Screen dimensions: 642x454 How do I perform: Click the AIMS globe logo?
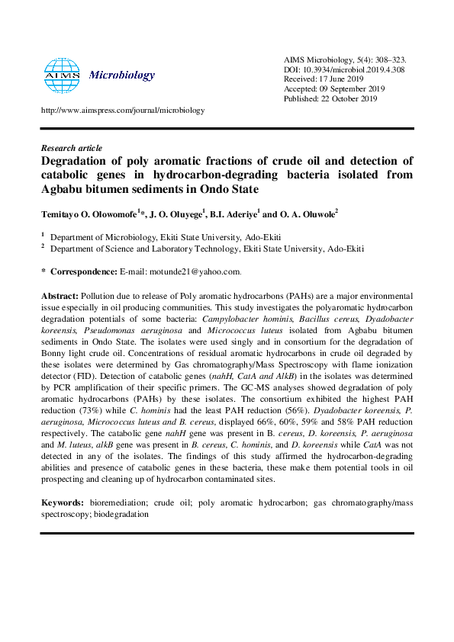click(x=62, y=75)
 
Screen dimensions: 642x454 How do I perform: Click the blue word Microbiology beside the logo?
click(x=122, y=75)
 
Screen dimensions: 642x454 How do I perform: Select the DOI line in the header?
click(x=333, y=69)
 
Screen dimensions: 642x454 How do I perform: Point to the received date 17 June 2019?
click(x=347, y=79)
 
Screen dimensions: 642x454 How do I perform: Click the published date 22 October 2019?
click(x=349, y=98)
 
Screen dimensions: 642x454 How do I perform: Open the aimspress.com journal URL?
click(x=123, y=110)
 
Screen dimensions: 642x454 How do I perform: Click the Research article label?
click(x=71, y=148)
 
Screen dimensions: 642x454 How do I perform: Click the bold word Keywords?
click(x=62, y=503)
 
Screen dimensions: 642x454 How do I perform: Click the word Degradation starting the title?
click(x=75, y=161)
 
